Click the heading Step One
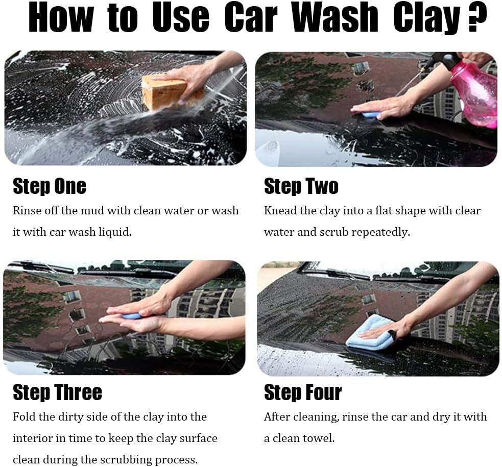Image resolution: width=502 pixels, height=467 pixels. coord(50,186)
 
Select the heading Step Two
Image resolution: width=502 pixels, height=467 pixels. coord(301,186)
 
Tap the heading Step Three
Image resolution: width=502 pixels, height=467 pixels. coord(57,392)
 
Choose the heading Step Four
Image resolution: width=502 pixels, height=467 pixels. coord(302,392)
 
